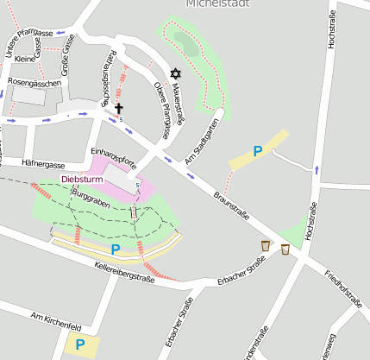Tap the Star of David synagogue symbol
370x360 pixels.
tap(177, 74)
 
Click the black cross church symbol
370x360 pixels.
tap(119, 109)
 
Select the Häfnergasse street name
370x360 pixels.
tap(43, 164)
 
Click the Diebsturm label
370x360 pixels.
tap(83, 180)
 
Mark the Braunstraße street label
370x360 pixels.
tap(234, 206)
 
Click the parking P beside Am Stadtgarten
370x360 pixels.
tap(257, 152)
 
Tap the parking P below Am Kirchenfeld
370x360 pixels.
tap(80, 344)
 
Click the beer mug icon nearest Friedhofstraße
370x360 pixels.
tap(285, 249)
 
